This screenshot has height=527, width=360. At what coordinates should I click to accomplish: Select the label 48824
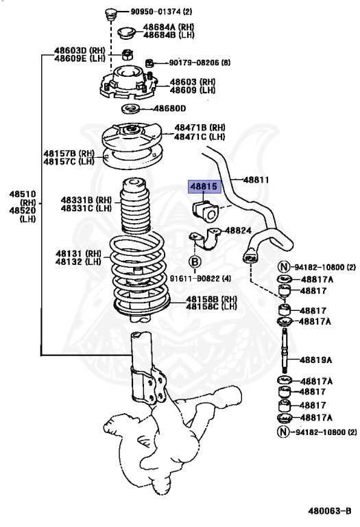pyautogui.click(x=239, y=231)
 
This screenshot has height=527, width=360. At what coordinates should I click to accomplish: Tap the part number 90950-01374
pyautogui.click(x=148, y=12)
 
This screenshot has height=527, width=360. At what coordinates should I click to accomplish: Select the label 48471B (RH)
pyautogui.click(x=200, y=128)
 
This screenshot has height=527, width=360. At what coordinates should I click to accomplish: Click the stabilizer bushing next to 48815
pyautogui.click(x=205, y=209)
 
